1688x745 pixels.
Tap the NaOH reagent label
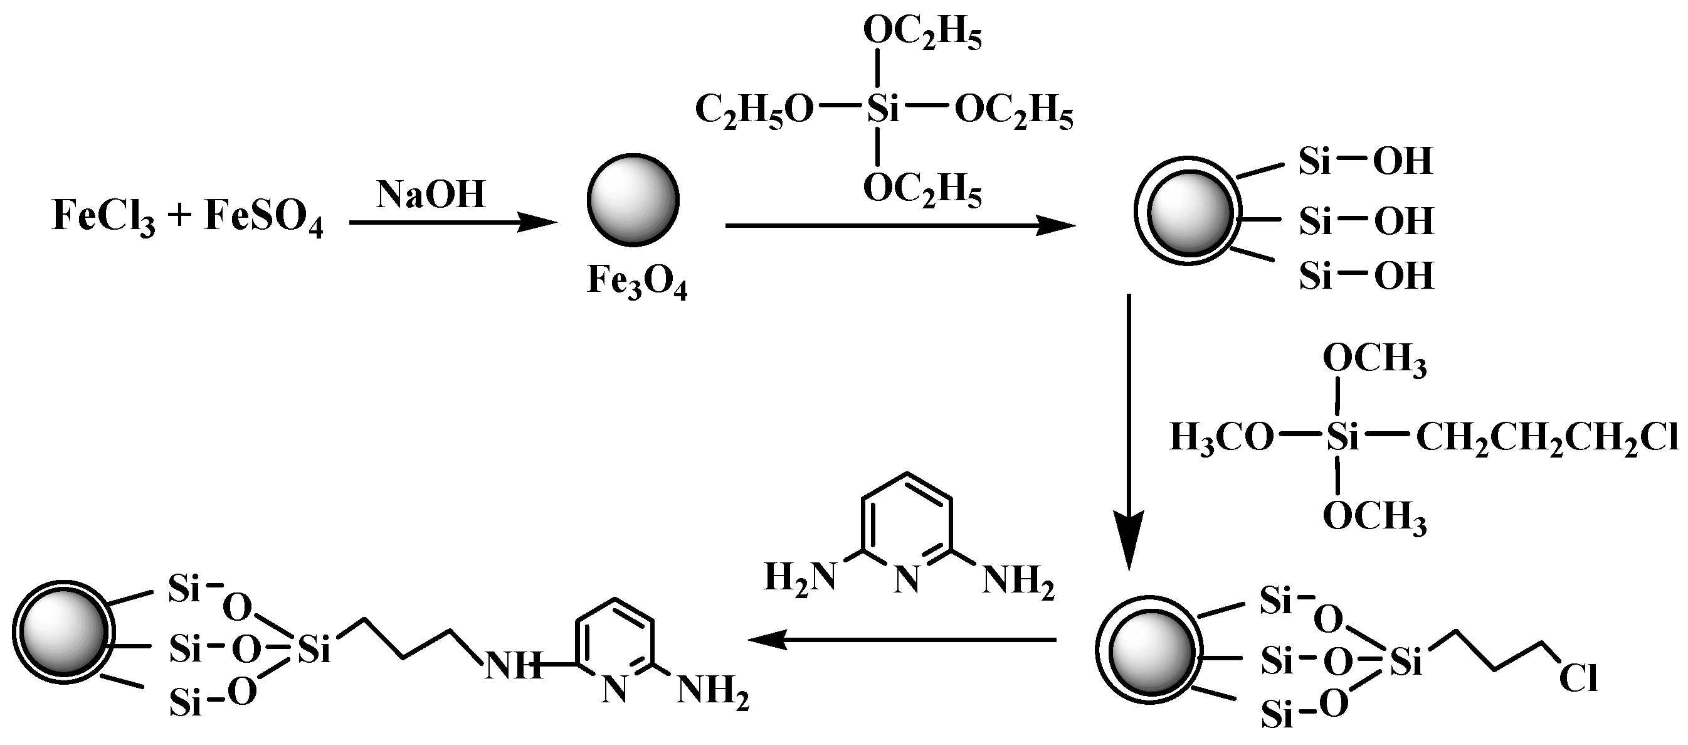click(431, 195)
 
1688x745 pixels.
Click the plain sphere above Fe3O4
click(632, 200)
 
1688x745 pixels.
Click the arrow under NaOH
click(452, 223)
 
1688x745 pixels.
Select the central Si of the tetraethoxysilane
click(883, 109)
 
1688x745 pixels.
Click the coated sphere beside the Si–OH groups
click(1188, 210)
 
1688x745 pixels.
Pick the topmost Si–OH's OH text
click(1403, 161)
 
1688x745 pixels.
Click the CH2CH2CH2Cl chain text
click(1546, 438)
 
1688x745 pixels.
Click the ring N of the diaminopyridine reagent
click(907, 581)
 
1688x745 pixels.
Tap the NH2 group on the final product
click(712, 691)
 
